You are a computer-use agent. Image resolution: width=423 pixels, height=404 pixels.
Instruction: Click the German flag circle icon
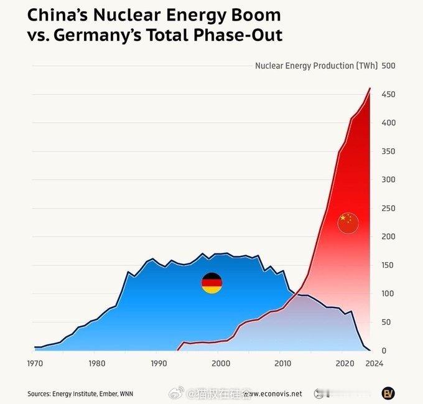211,283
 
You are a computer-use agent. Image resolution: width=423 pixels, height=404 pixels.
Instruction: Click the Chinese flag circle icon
348,222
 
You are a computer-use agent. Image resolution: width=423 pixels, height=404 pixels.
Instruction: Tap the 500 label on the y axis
389,65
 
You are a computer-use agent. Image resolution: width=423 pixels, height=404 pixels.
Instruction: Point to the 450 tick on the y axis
389,94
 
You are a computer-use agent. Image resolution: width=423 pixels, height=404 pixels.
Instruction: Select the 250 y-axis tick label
389,208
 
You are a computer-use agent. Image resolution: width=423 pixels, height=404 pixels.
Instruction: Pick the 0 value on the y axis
384,350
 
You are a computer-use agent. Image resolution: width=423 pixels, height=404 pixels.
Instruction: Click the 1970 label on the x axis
35,364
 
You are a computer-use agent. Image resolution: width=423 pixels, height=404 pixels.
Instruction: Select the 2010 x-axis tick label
282,364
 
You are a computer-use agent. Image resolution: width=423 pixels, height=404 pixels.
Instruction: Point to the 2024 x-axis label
374,364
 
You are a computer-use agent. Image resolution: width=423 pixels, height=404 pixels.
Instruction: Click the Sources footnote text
80,393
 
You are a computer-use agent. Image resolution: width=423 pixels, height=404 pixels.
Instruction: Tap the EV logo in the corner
388,393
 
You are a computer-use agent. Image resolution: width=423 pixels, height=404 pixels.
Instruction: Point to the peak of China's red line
370,88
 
